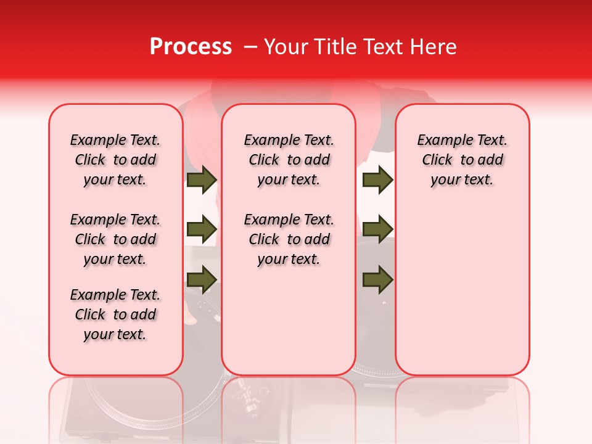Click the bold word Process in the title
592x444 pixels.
click(x=191, y=47)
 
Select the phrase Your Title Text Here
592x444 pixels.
click(x=360, y=47)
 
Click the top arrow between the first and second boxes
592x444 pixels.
click(x=202, y=180)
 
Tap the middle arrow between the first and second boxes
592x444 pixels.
click(x=202, y=229)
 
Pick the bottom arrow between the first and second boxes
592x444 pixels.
click(x=202, y=279)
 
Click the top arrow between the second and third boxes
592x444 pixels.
click(x=377, y=180)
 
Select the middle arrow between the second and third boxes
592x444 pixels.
click(x=377, y=229)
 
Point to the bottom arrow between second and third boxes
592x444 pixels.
click(x=377, y=279)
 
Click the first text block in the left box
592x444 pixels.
click(x=115, y=160)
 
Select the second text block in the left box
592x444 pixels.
click(x=115, y=239)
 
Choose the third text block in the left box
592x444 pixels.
click(x=115, y=314)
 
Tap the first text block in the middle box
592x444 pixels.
click(x=289, y=160)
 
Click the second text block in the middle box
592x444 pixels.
click(x=289, y=239)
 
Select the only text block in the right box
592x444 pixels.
click(x=462, y=160)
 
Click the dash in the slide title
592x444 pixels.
click(x=250, y=47)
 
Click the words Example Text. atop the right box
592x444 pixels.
click(x=462, y=140)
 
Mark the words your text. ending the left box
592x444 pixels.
click(x=115, y=334)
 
